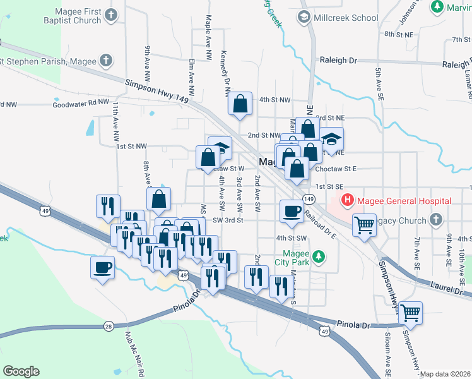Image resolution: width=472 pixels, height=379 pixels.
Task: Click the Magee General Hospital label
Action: [x=404, y=201]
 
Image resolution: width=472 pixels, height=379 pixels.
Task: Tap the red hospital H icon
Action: [x=346, y=201]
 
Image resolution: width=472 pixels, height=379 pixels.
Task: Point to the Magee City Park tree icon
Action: [x=320, y=256]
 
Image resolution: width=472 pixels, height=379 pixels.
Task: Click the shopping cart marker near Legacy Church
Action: [x=364, y=225]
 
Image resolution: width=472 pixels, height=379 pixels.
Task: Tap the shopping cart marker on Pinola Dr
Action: [x=410, y=312]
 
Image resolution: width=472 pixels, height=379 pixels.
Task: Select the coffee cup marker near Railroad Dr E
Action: [x=292, y=212]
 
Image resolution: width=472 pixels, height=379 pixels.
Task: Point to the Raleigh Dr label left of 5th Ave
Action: [x=339, y=61]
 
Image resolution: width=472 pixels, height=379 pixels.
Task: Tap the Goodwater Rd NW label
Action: [x=81, y=102]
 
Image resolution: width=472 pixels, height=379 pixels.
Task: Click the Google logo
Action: [x=21, y=371]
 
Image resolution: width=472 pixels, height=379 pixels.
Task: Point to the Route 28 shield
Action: [x=109, y=326]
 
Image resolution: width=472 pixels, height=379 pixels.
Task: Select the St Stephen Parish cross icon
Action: [x=107, y=61]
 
